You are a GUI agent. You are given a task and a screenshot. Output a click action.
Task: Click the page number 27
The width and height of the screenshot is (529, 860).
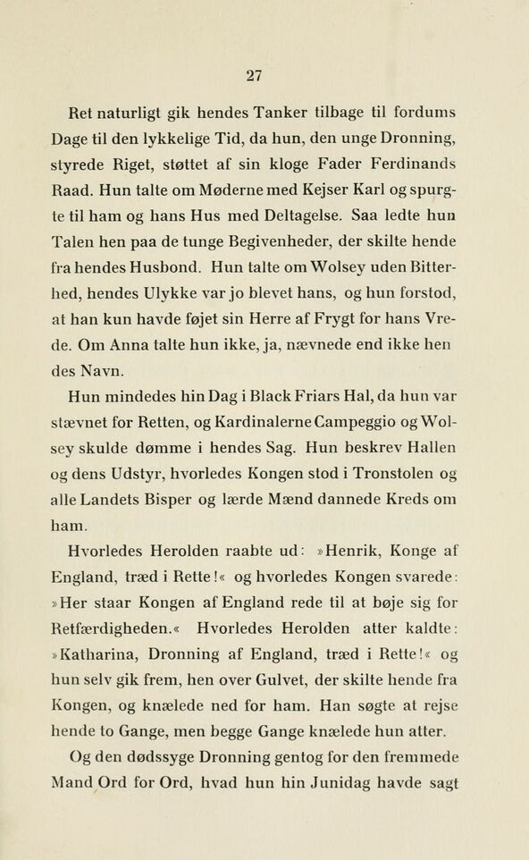point(255,76)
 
